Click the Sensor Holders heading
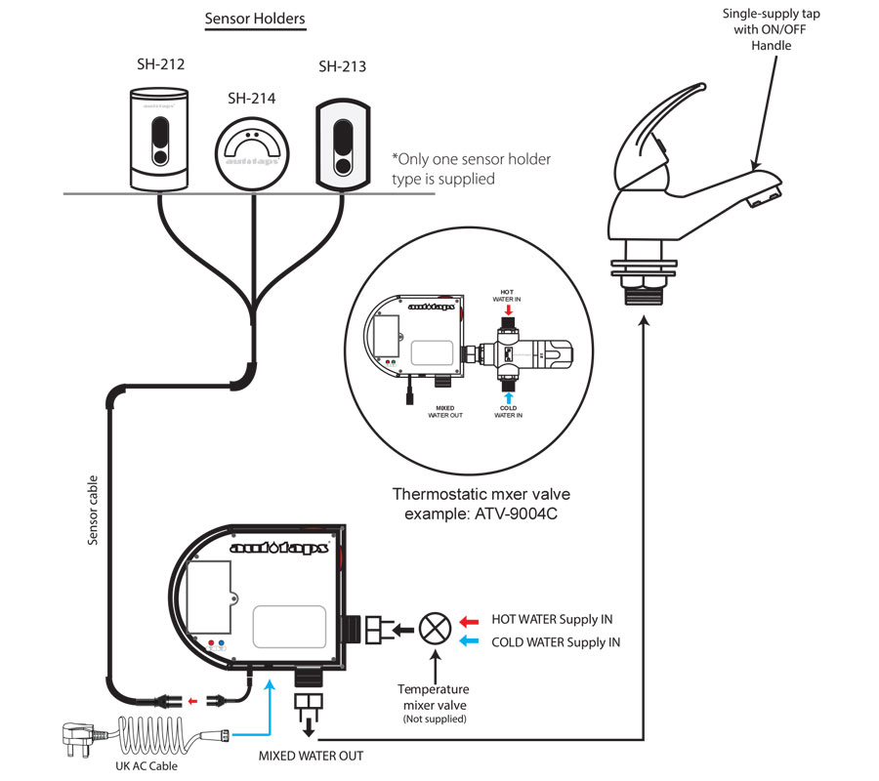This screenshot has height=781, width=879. tap(254, 19)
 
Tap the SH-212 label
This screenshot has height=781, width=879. tap(160, 65)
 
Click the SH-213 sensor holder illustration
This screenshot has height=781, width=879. tap(344, 142)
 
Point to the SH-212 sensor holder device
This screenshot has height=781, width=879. tap(160, 137)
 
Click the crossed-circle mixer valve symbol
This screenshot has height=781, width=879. tap(433, 628)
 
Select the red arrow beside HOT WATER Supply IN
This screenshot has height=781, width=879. tap(470, 620)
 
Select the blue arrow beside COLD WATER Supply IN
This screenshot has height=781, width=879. tap(470, 641)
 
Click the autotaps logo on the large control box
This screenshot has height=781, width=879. tap(278, 549)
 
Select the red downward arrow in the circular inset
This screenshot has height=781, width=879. tap(508, 309)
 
